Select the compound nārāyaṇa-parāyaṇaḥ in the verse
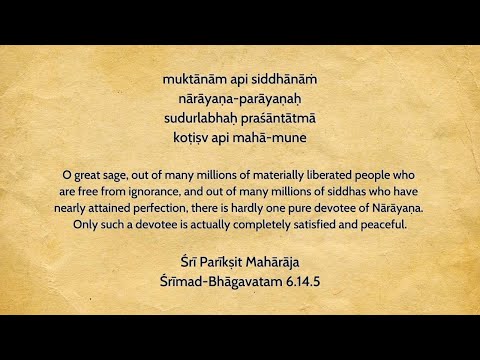point(239,98)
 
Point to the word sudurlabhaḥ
point(198,118)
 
